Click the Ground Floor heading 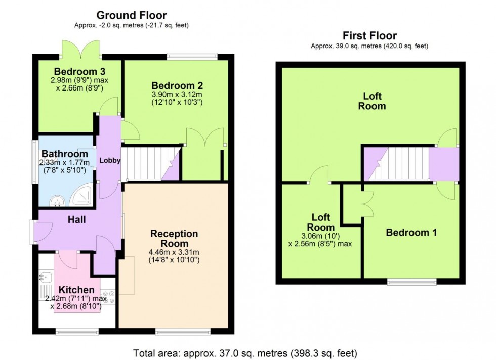tap(131, 15)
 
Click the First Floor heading tap(369, 36)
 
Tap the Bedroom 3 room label tap(79, 71)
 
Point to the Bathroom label tap(65, 154)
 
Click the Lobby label tap(110, 161)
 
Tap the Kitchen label tap(76, 290)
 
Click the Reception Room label tap(174, 238)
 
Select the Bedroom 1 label tap(411, 233)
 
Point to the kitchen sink tap(46, 277)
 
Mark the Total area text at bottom tap(245, 352)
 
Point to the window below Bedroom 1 tap(411, 282)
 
